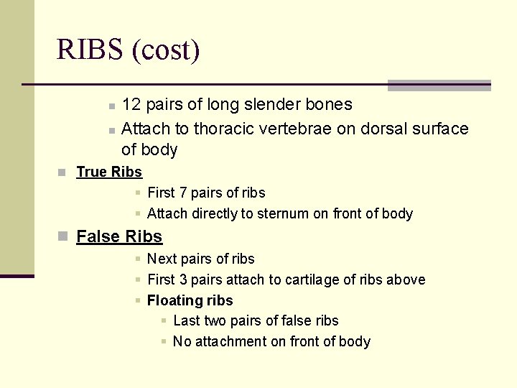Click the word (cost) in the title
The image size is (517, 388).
(165, 50)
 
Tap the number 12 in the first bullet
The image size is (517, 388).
(131, 105)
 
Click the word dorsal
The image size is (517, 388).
(383, 129)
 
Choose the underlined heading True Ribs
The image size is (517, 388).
(109, 172)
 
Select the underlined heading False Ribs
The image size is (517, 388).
(119, 236)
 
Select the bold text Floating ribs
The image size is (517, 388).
(190, 300)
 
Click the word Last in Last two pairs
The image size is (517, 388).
(186, 320)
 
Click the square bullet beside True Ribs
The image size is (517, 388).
(62, 172)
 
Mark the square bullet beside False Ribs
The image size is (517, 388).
(62, 236)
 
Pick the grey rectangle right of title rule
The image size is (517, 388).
(439, 86)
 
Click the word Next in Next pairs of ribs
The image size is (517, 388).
(162, 259)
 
